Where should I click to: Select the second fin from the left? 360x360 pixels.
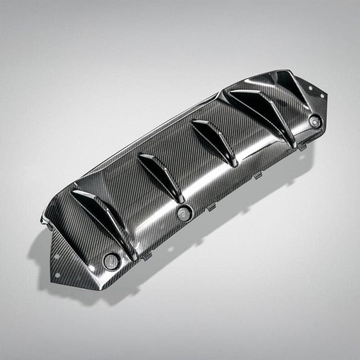pyautogui.click(x=161, y=175)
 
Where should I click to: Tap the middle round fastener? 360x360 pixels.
pyautogui.click(x=184, y=213)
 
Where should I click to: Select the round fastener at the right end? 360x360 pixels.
pyautogui.click(x=315, y=120)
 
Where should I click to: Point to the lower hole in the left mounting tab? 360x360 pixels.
pyautogui.click(x=57, y=257)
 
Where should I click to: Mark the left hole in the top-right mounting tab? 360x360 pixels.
pyautogui.click(x=310, y=88)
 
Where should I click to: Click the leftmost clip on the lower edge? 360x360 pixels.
pyautogui.click(x=147, y=258)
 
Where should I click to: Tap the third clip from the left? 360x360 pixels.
pyautogui.click(x=258, y=176)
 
